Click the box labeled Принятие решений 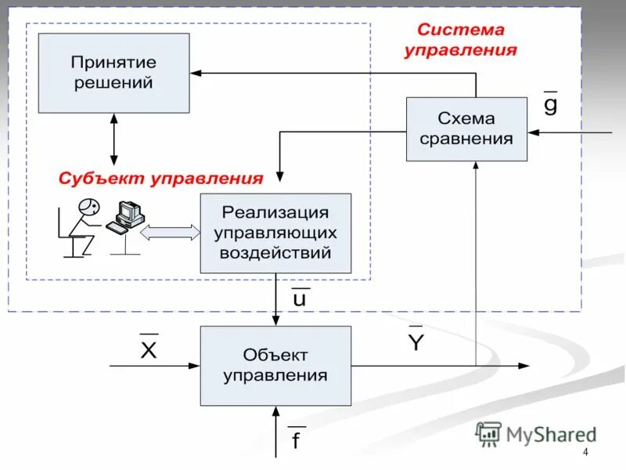tap(114, 72)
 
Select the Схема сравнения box tap(466, 128)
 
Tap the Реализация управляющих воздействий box tap(275, 233)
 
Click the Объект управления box tap(275, 366)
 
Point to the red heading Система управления tap(460, 40)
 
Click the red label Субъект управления tap(160, 179)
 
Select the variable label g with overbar tap(551, 103)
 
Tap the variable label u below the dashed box tap(299, 298)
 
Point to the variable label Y tap(416, 342)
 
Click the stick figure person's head tap(88, 207)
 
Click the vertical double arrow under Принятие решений tap(115, 139)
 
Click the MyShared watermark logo tap(536, 433)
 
